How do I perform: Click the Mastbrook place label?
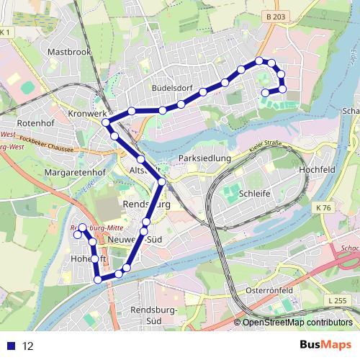pyautogui.click(x=66, y=53)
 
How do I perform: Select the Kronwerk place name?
pyautogui.click(x=85, y=114)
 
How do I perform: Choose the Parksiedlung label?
pyautogui.click(x=204, y=158)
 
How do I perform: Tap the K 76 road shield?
pyautogui.click(x=323, y=208)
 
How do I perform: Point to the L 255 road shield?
pyautogui.click(x=336, y=300)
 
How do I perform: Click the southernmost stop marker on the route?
pyautogui.click(x=99, y=279)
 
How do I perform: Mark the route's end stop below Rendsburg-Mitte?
pyautogui.click(x=77, y=235)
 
